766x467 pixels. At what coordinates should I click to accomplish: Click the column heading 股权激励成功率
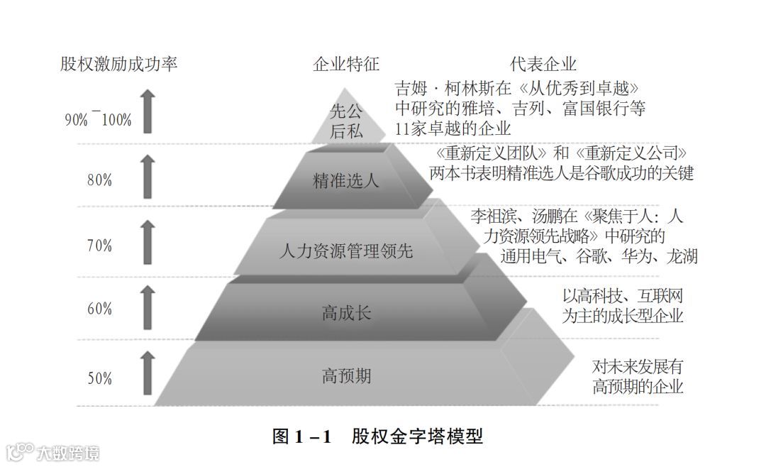tap(118, 65)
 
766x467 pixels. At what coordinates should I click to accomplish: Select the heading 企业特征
tap(346, 65)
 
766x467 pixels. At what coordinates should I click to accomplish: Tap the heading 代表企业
tap(543, 65)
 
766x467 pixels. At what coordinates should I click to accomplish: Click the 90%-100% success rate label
tap(98, 119)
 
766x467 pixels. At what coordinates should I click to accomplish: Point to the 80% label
tap(99, 180)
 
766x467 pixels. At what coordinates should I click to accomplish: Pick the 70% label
tap(99, 246)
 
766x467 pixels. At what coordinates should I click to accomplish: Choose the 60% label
tap(99, 309)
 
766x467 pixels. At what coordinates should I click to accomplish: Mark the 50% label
tap(99, 378)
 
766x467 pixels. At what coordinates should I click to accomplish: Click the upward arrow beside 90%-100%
tap(147, 111)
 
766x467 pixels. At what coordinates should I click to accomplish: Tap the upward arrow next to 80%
tap(147, 177)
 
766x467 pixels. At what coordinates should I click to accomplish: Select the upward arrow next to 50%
tap(147, 373)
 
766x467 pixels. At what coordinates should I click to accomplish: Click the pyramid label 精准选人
tap(346, 180)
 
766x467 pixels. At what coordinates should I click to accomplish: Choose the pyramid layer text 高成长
tap(346, 313)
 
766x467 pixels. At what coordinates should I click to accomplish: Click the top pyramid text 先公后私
tap(346, 121)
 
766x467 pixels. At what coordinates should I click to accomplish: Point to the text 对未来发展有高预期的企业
tap(638, 377)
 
